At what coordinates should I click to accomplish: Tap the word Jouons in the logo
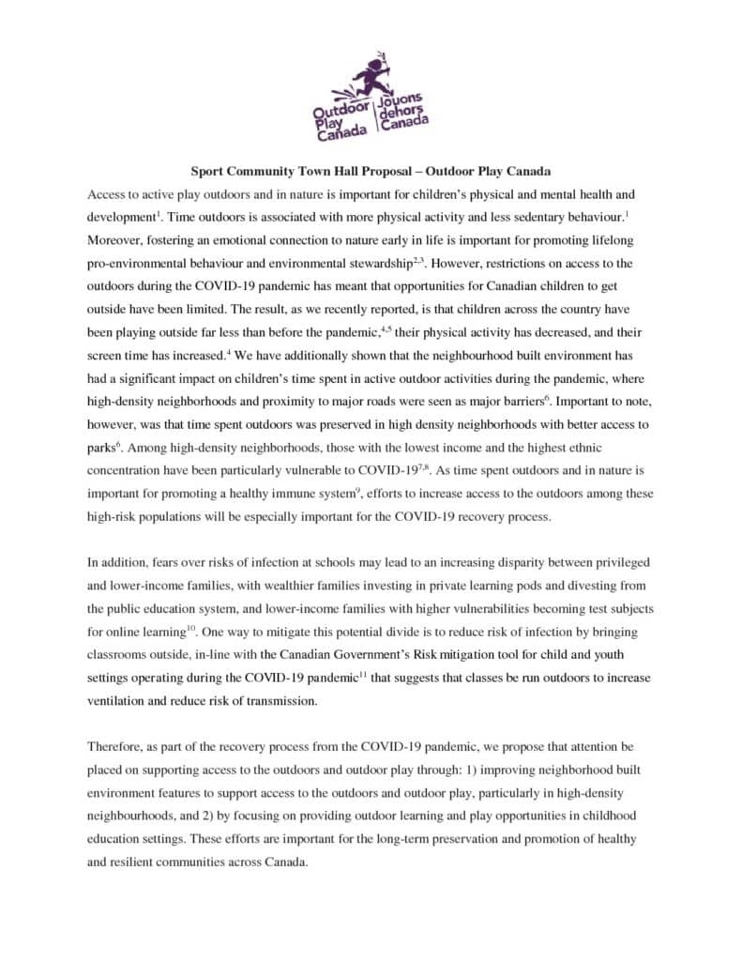401,99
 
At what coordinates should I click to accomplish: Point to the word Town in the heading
298,172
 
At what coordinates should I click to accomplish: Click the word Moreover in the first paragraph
118,239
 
